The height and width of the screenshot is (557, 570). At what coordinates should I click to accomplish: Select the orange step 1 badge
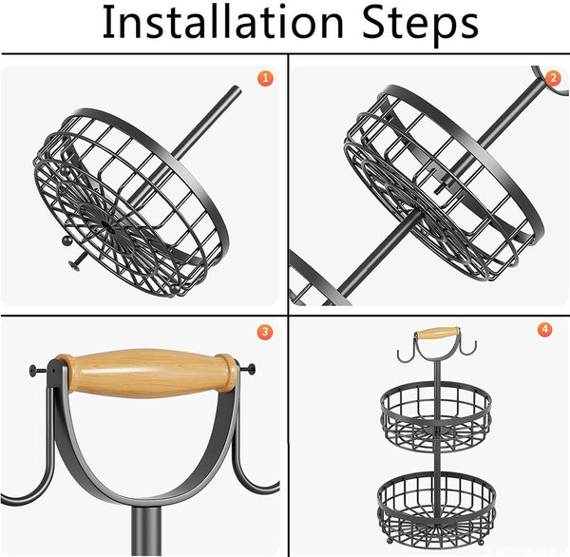[265, 78]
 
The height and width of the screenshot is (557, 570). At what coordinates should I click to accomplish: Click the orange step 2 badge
[552, 78]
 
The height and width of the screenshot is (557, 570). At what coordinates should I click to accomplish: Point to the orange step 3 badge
[265, 332]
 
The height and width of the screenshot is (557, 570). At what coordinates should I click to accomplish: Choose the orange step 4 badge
[544, 330]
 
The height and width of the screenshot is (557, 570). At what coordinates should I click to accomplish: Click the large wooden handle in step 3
[147, 373]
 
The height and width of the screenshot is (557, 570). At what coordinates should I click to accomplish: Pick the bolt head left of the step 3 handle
[36, 370]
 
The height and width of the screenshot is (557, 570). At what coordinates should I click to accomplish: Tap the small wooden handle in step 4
[436, 334]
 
